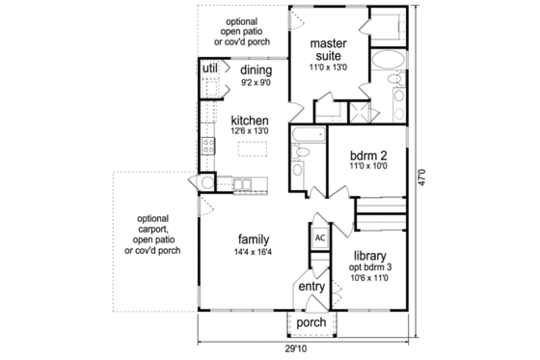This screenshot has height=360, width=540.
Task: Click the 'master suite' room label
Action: click(x=328, y=50)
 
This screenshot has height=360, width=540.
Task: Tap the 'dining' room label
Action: click(x=256, y=70)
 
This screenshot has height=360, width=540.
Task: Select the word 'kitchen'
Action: click(x=250, y=120)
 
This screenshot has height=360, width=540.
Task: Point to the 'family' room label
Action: click(x=254, y=239)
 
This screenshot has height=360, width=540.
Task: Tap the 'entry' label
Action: click(x=310, y=287)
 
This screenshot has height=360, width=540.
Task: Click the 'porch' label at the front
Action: click(x=310, y=322)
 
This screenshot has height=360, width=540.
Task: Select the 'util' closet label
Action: click(x=209, y=69)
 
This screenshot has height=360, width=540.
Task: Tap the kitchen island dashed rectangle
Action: click(x=253, y=148)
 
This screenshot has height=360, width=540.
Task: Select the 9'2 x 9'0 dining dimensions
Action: click(x=256, y=83)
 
